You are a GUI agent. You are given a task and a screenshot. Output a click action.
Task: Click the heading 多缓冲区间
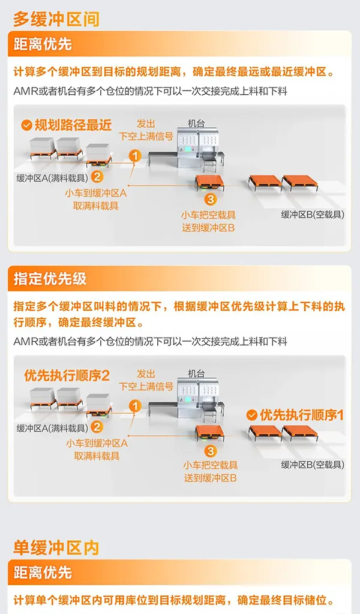56,19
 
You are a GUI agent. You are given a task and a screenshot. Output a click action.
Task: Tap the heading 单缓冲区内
56,547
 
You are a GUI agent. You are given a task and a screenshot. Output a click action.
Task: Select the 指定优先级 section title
50,278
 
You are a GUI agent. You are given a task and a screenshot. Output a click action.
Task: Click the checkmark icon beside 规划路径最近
26,125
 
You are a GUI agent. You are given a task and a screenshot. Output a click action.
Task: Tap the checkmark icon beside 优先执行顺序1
252,415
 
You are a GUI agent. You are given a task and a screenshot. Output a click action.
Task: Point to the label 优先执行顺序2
67,375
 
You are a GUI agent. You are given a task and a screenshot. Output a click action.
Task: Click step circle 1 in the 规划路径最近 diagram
135,156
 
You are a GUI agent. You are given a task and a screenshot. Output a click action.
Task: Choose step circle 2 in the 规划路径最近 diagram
97,177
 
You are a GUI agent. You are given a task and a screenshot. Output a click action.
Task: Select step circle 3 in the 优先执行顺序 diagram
211,450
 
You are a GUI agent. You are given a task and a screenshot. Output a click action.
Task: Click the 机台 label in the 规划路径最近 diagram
196,124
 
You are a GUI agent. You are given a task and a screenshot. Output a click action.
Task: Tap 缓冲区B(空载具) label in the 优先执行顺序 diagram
313,465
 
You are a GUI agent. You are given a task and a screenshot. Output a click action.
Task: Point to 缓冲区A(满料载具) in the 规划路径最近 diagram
52,178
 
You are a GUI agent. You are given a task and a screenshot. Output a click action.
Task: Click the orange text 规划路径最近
73,125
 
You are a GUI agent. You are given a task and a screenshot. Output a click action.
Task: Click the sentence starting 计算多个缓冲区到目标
174,72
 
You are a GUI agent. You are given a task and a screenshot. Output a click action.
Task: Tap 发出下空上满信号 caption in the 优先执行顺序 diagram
146,381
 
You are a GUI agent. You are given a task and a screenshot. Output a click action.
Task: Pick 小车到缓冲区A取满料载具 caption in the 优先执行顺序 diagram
97,450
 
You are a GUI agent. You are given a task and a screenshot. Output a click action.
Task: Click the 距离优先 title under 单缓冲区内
43,573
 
